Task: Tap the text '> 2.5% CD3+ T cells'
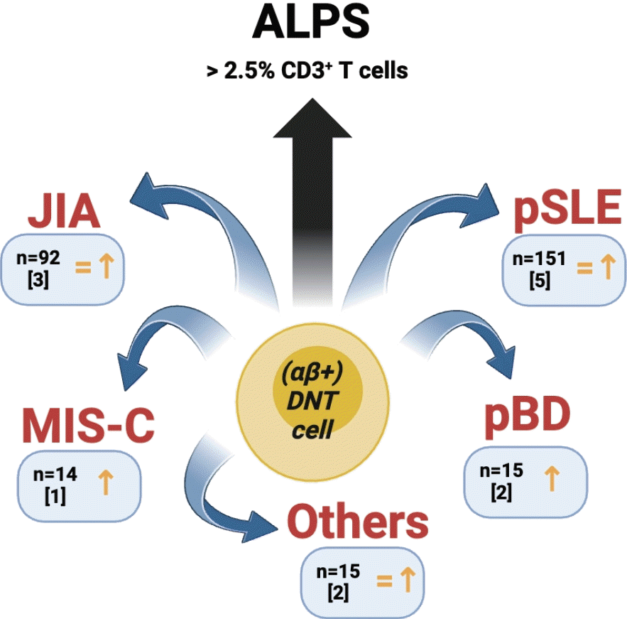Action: coord(307,72)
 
